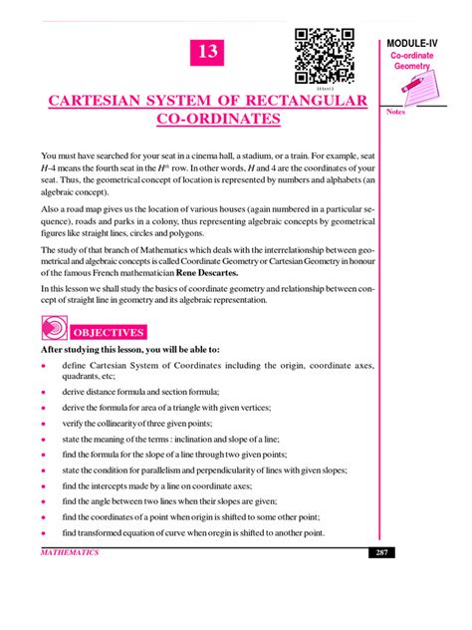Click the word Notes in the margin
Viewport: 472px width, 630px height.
(397, 112)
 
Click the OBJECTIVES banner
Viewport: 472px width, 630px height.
(111, 331)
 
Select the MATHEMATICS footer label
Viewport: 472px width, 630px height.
(70, 552)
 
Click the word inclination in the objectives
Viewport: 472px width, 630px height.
(205, 439)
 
